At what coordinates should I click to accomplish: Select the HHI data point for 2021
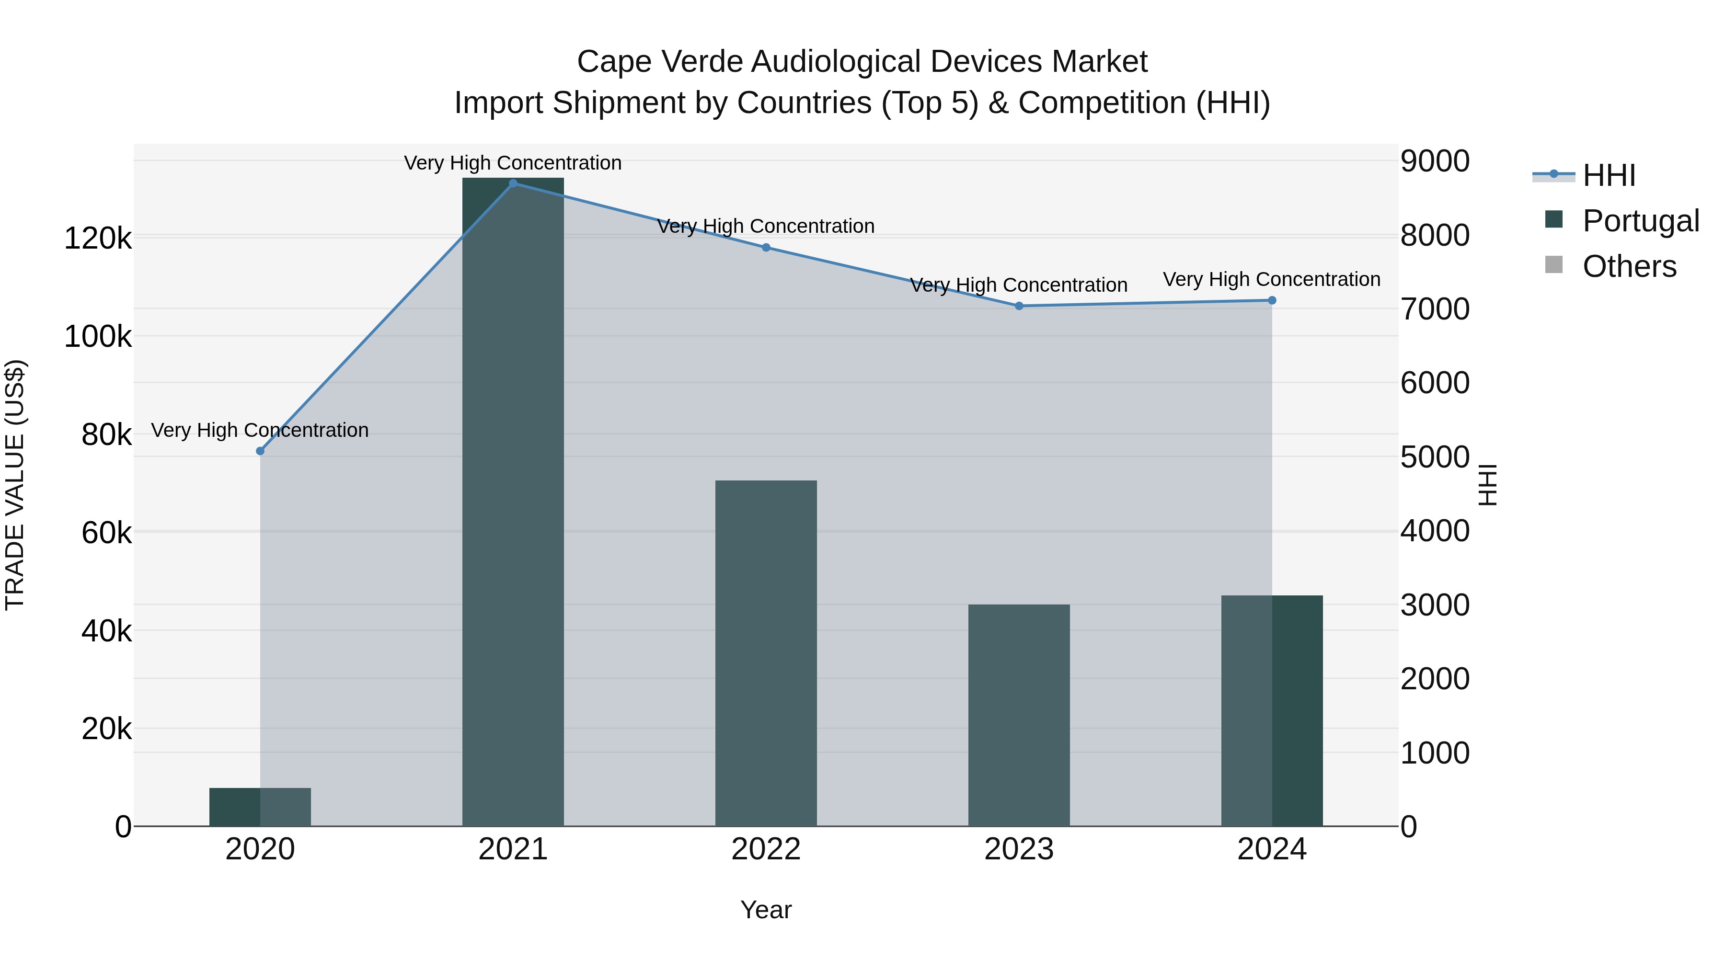513,183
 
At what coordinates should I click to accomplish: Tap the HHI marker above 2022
766,248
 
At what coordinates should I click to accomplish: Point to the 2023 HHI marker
1019,306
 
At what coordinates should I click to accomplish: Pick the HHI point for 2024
1272,300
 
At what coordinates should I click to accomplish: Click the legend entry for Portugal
1641,221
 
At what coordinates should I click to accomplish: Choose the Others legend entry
1629,266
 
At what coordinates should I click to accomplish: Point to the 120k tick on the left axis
98,239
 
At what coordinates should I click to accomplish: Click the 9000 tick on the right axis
1434,161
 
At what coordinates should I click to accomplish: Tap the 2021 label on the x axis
513,849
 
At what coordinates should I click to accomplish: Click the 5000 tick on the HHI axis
1434,458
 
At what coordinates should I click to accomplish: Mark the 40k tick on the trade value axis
106,630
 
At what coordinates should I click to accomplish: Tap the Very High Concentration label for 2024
1272,279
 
